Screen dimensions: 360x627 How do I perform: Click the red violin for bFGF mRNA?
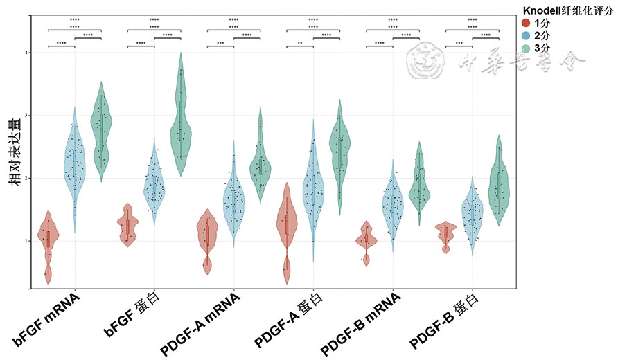click(x=48, y=239)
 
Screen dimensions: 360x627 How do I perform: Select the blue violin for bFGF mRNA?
click(x=75, y=166)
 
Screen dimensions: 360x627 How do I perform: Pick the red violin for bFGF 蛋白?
click(x=127, y=225)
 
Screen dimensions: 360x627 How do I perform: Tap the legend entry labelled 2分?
click(x=542, y=35)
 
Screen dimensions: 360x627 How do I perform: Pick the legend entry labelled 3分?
click(x=542, y=47)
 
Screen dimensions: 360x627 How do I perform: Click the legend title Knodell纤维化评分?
click(x=567, y=10)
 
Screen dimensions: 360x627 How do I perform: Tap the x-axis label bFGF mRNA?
click(x=47, y=318)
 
